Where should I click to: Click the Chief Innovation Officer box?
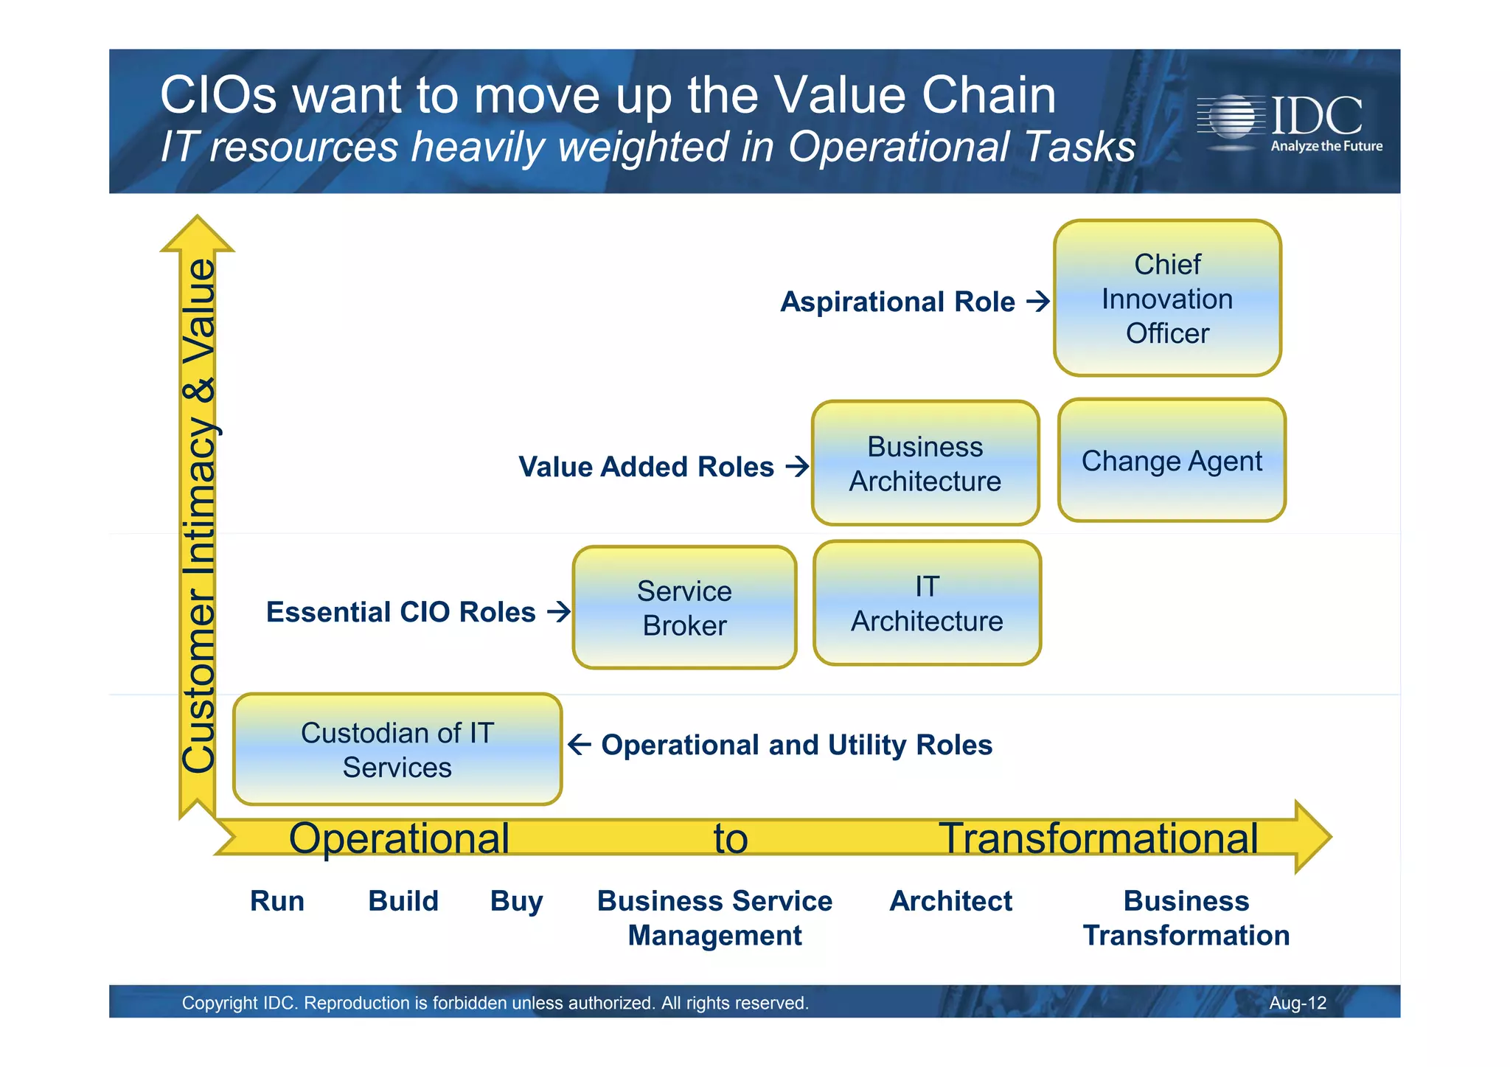point(1167,299)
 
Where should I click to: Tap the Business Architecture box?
point(925,464)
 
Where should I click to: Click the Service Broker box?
point(684,608)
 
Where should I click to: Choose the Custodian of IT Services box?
point(397,750)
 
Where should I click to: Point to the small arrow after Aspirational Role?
point(1038,302)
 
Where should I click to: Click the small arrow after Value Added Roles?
point(797,467)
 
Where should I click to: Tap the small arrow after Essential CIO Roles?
point(559,612)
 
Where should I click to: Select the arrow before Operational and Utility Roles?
point(580,745)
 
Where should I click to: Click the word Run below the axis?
point(277,901)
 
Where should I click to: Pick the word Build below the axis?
point(403,901)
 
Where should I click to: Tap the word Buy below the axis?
point(516,902)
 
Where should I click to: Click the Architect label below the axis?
point(951,901)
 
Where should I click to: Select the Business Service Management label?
point(714,918)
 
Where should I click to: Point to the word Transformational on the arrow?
point(1098,838)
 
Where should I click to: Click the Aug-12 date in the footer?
point(1297,1003)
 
